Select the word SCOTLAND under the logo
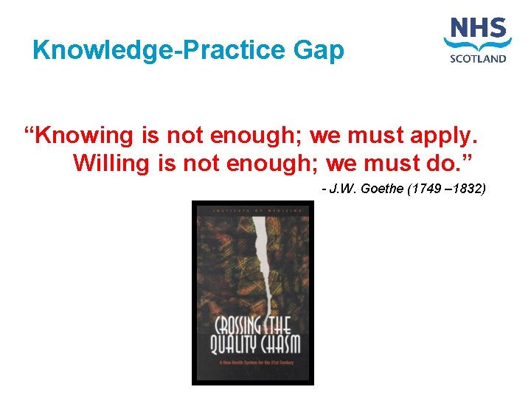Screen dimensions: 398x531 tap(478, 58)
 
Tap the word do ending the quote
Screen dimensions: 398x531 tap(443, 163)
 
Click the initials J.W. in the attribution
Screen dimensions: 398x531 tap(343, 189)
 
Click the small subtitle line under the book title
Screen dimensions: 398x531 tap(252, 363)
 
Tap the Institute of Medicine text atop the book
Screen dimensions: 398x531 tap(252, 210)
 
